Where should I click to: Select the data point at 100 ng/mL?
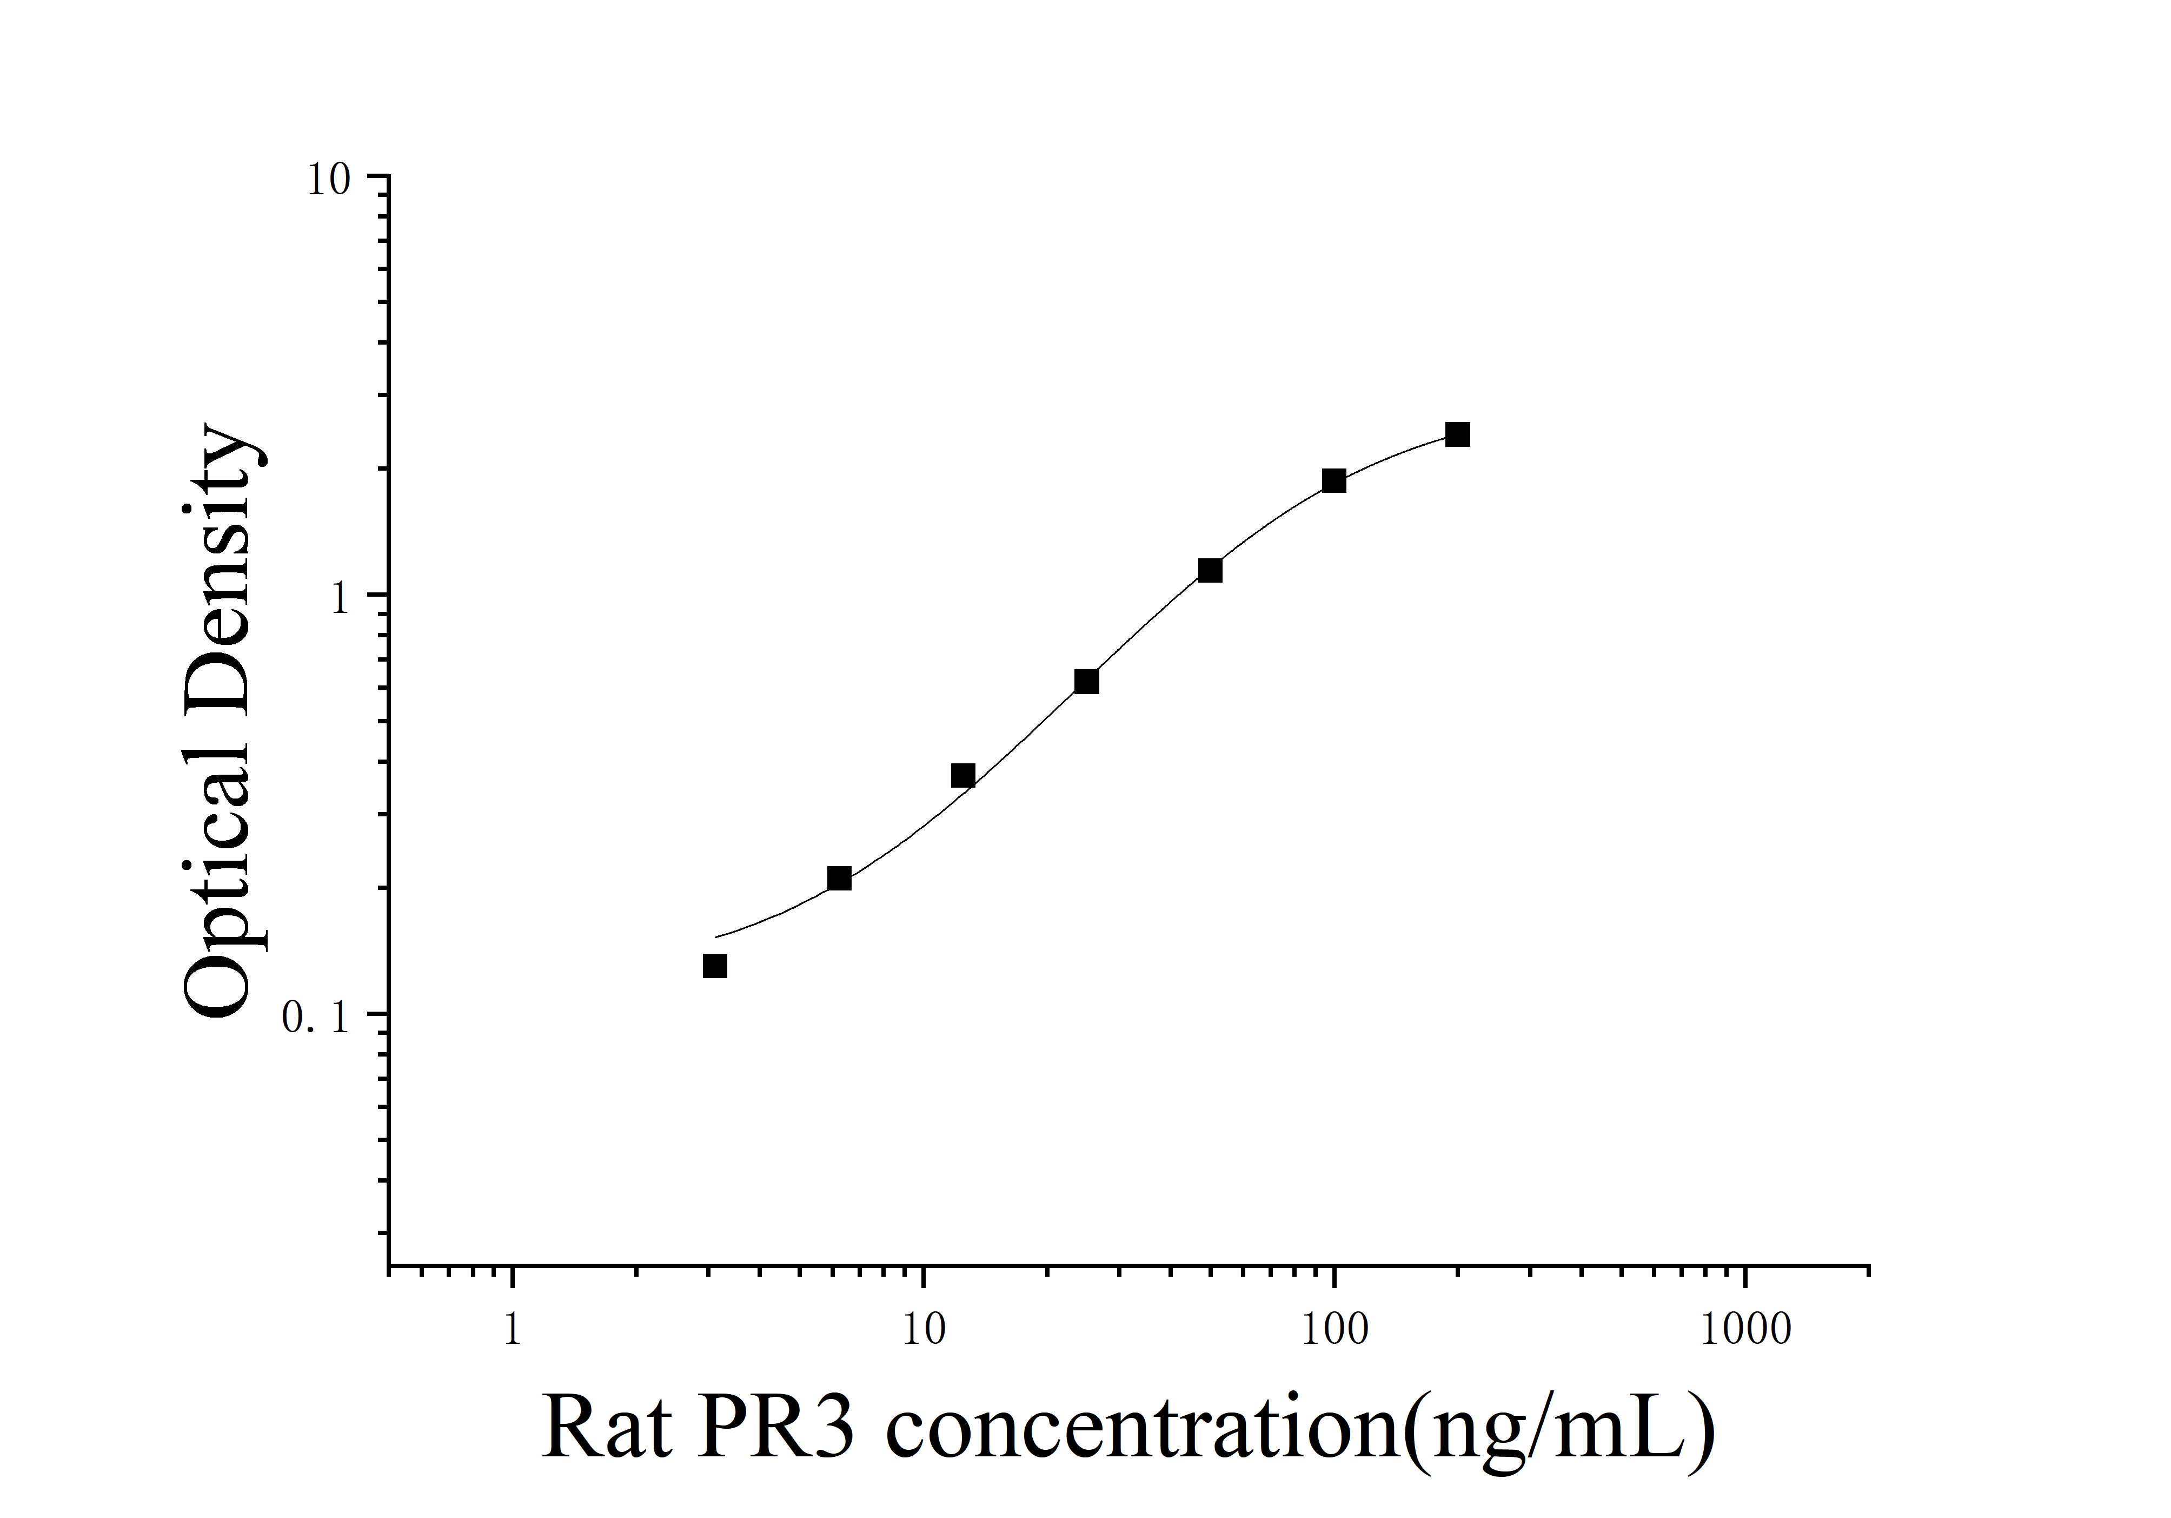click(1333, 480)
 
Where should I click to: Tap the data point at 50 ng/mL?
click(1210, 570)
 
